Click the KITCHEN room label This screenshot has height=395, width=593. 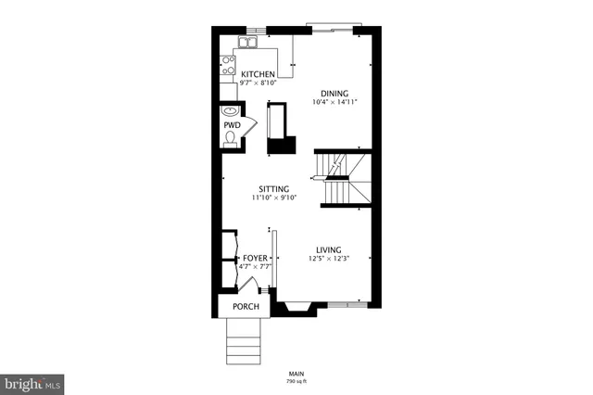[258, 73]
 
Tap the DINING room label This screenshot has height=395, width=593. [334, 93]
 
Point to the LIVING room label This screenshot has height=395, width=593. [329, 249]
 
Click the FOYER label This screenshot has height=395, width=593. [255, 259]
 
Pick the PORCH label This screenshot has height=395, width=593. [246, 307]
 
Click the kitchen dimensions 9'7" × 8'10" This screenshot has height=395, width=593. [258, 83]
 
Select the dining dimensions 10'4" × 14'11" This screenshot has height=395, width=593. [334, 102]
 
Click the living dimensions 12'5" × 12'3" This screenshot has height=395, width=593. [329, 259]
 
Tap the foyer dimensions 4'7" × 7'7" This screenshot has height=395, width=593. [255, 267]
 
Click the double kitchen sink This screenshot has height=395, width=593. [247, 42]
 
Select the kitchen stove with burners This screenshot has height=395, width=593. [228, 66]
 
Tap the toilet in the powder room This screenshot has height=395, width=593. [230, 139]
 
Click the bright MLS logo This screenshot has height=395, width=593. [32, 382]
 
